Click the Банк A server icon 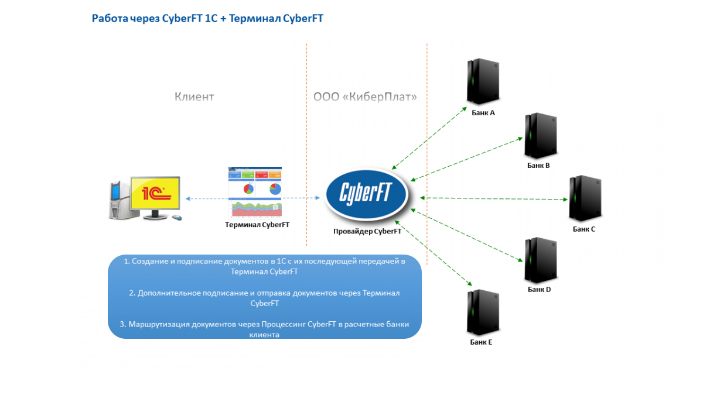point(482,82)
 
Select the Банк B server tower point(539,135)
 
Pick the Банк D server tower point(539,260)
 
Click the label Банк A point(483,112)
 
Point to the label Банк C point(584,229)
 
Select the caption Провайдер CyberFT point(367,231)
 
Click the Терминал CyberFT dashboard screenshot point(255,191)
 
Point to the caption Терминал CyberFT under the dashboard point(257,224)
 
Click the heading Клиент point(194,97)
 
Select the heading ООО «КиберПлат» point(365,97)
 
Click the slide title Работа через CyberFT point(207,19)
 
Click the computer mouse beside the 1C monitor point(176,218)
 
